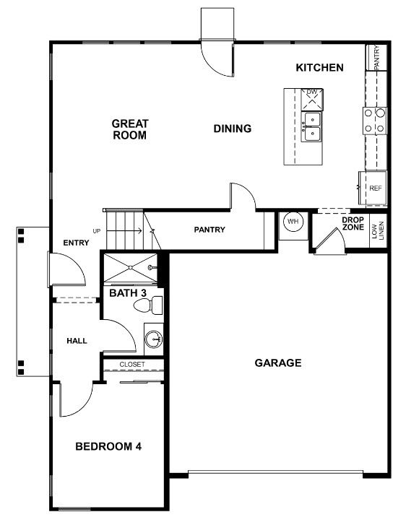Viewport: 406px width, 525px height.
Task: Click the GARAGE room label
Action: [x=278, y=363]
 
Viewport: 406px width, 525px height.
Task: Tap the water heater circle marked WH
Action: [x=293, y=221]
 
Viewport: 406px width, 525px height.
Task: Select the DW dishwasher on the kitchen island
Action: [x=312, y=100]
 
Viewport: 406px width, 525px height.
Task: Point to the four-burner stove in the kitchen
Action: [x=375, y=121]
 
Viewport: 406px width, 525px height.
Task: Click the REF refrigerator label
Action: [x=376, y=188]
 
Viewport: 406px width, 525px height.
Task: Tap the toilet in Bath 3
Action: [x=148, y=305]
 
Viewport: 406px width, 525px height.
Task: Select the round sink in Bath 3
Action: [x=154, y=339]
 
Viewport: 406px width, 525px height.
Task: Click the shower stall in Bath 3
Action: [x=130, y=267]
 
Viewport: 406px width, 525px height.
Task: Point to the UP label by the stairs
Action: [x=97, y=231]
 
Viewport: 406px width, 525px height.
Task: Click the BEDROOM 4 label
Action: [x=108, y=446]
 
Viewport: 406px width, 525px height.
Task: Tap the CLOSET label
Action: [x=132, y=364]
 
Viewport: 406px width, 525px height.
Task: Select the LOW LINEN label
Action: [x=377, y=230]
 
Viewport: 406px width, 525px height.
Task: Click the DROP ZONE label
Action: [x=353, y=223]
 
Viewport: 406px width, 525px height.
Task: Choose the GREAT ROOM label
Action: [x=129, y=129]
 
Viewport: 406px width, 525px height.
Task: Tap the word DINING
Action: [x=233, y=129]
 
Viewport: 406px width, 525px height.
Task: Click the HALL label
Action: [x=77, y=341]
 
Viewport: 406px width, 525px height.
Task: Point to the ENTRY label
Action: [x=76, y=243]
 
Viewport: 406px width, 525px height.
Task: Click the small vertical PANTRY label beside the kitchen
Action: [x=377, y=57]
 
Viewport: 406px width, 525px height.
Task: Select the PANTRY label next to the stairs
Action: [x=210, y=230]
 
